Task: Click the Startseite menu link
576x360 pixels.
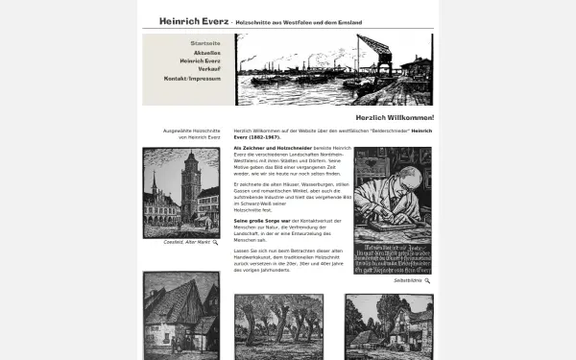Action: coord(205,43)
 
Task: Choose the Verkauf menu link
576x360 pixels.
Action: coord(209,69)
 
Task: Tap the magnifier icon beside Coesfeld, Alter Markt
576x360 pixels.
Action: coord(215,243)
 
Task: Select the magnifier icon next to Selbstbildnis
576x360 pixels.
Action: coord(427,281)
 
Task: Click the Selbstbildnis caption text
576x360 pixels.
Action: coord(407,281)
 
